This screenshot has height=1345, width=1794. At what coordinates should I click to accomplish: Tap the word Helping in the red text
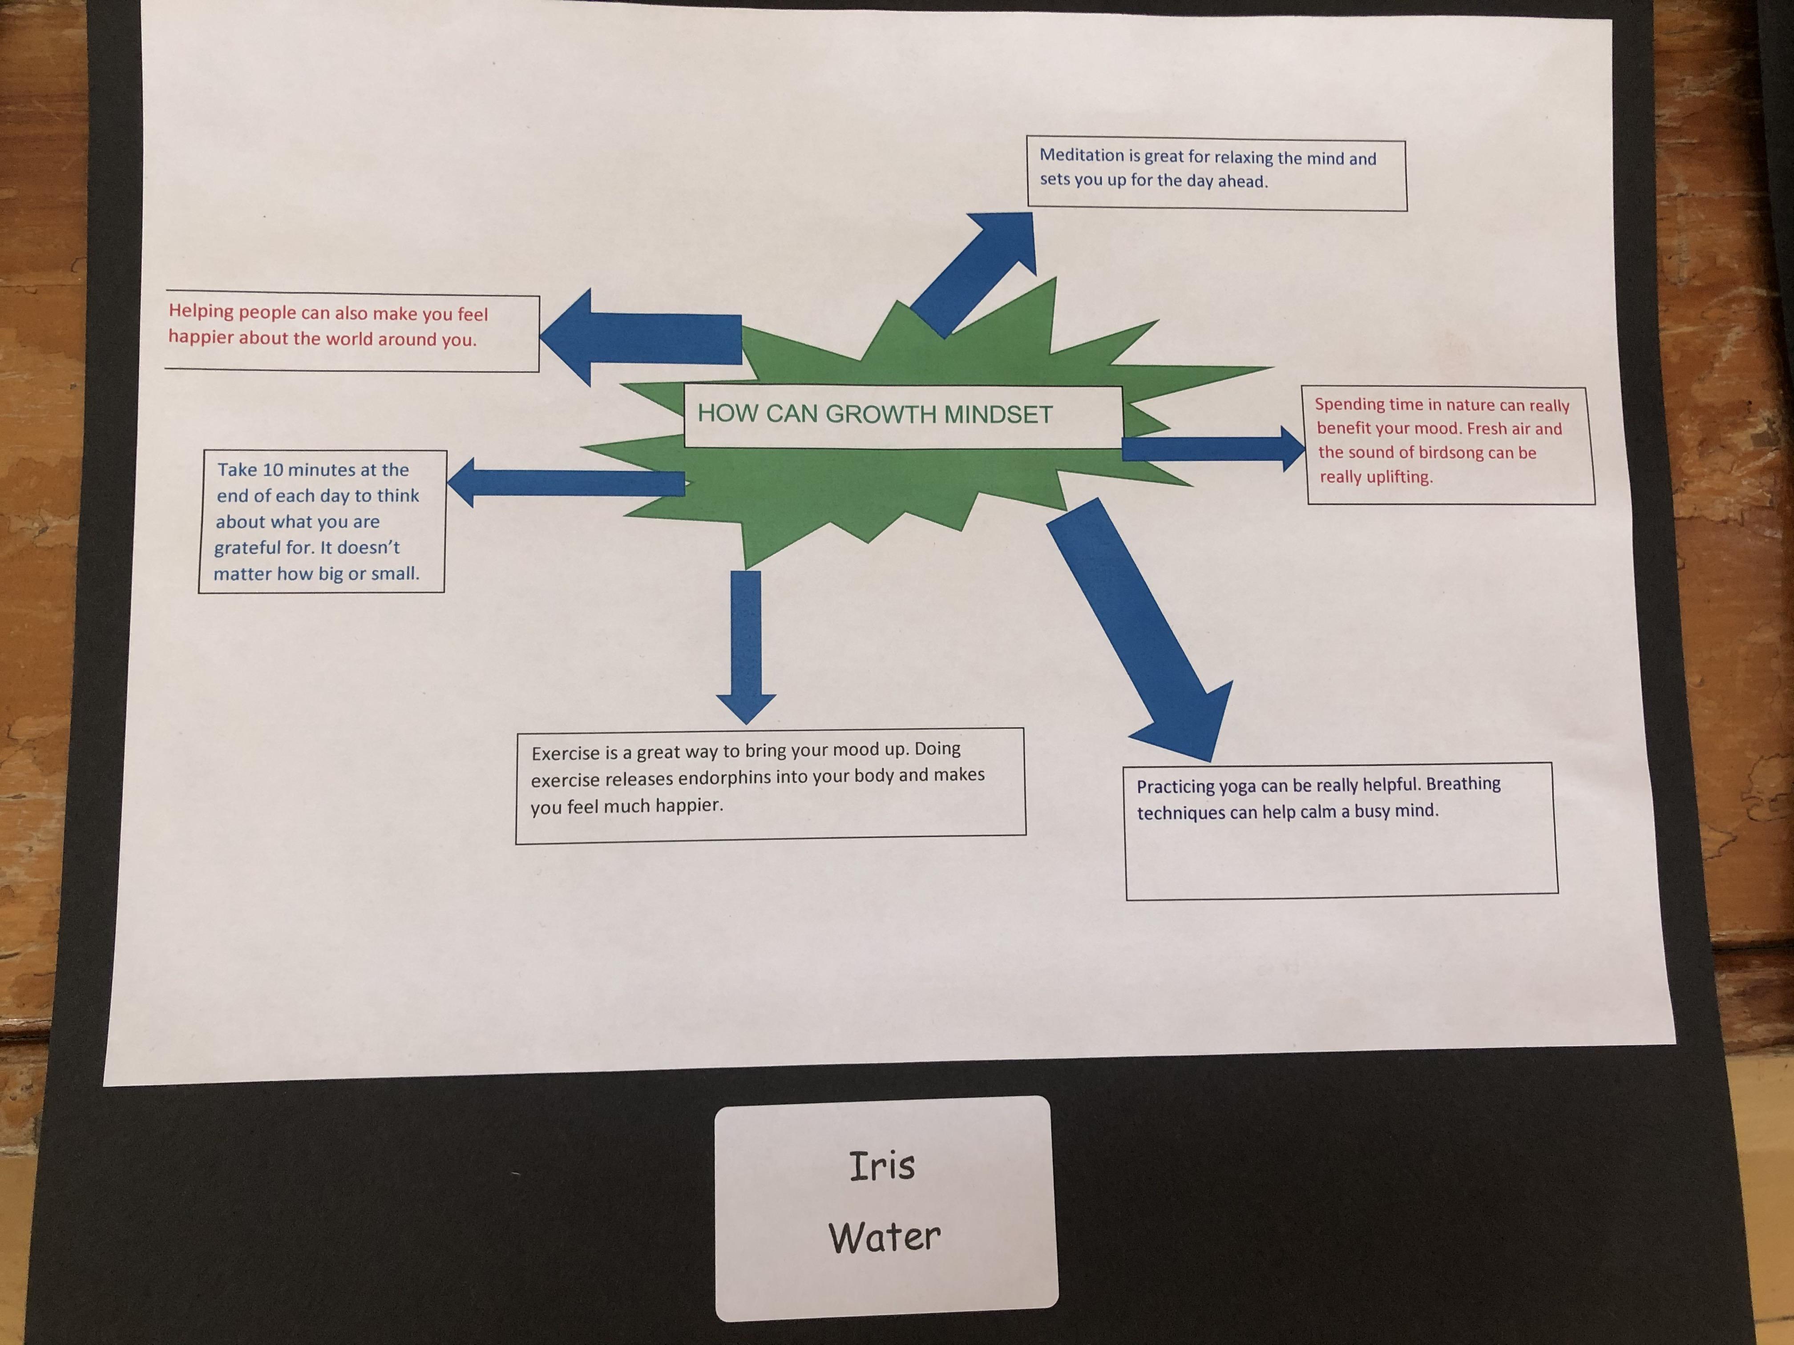[x=201, y=311]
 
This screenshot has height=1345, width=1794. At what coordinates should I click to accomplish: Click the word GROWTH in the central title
[x=880, y=414]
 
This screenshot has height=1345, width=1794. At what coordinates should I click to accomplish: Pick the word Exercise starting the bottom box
[x=566, y=753]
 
